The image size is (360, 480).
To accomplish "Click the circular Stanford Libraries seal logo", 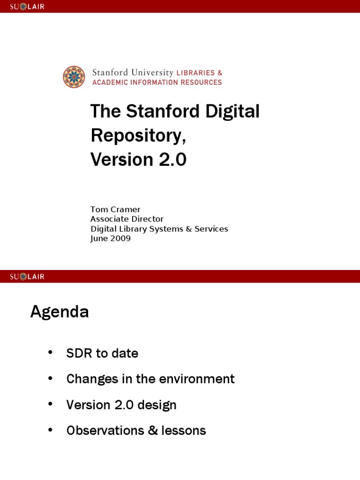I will (74, 77).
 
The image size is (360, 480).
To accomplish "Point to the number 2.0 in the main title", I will (172, 160).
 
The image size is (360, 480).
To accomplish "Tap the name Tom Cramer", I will (115, 209).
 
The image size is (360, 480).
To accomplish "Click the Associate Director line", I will (127, 219).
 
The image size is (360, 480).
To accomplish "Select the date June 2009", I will (110, 239).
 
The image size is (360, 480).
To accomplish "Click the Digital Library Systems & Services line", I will (159, 229).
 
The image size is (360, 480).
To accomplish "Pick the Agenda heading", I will (60, 311).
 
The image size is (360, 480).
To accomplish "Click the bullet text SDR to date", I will (102, 353).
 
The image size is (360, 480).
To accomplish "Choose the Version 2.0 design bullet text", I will (121, 405).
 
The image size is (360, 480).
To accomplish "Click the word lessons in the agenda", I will (183, 430).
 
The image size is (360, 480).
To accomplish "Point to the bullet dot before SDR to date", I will (51, 353).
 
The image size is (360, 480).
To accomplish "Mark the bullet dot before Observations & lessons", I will (51, 430).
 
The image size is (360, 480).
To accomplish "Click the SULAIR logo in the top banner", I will (27, 7).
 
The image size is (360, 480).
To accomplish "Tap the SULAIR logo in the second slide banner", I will (27, 277).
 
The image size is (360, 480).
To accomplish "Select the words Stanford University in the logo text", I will (132, 73).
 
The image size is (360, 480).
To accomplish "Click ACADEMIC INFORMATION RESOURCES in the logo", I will (157, 82).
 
